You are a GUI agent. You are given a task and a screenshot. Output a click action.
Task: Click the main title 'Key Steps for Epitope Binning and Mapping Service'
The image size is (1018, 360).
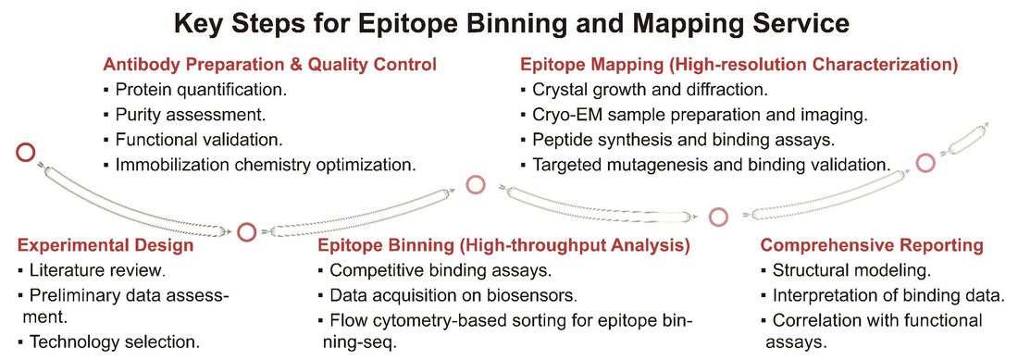coord(508,22)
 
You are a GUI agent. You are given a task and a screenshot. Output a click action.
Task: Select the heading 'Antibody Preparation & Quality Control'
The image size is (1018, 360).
coord(269,66)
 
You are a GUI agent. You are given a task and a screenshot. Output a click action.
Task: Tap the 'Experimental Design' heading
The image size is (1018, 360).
coord(106,246)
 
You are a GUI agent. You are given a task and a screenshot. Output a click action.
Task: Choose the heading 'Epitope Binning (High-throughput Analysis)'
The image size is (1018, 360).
coord(503,246)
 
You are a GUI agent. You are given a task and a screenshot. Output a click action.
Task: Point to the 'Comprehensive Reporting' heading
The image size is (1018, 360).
coord(872,246)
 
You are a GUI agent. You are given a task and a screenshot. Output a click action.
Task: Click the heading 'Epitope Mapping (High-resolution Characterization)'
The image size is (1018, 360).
coord(739,66)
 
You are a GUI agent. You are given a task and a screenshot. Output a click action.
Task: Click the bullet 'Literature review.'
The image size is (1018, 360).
coord(97,272)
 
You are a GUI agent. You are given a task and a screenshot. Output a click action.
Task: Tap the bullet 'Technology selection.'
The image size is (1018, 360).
coord(114,341)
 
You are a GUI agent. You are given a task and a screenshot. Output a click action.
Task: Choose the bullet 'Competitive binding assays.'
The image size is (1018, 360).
coord(441,272)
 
